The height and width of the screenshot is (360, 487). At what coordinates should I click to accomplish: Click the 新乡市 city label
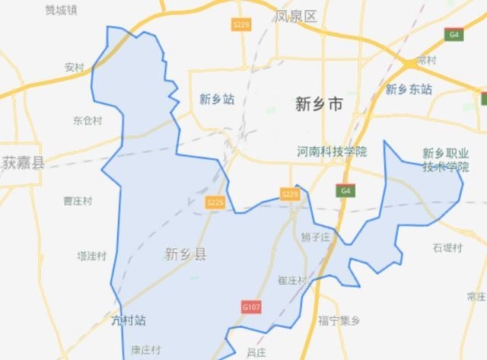tap(319, 105)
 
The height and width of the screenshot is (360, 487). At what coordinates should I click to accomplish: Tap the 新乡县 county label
tap(185, 254)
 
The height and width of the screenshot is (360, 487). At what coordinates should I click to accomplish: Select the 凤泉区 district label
tap(297, 16)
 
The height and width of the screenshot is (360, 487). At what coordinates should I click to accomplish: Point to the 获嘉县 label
tap(23, 162)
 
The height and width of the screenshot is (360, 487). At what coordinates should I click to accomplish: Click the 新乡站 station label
tap(216, 99)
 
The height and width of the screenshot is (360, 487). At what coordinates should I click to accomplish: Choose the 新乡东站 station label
tap(409, 90)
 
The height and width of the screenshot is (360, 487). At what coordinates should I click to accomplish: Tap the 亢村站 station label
tap(128, 320)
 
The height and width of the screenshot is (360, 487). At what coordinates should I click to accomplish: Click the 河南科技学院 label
tap(332, 151)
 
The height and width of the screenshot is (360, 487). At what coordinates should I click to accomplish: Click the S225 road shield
tap(216, 202)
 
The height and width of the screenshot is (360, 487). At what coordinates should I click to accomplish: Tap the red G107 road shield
tap(251, 307)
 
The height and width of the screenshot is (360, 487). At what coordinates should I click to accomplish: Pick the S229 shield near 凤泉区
tap(241, 25)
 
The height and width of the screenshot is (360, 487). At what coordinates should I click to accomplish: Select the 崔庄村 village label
tap(293, 281)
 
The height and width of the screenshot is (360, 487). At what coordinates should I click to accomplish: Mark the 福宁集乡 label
tap(339, 320)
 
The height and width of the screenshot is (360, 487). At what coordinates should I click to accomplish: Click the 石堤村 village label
tap(447, 247)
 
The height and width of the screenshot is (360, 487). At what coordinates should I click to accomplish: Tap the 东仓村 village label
tap(87, 120)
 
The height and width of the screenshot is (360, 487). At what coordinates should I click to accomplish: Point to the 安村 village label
tap(75, 67)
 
